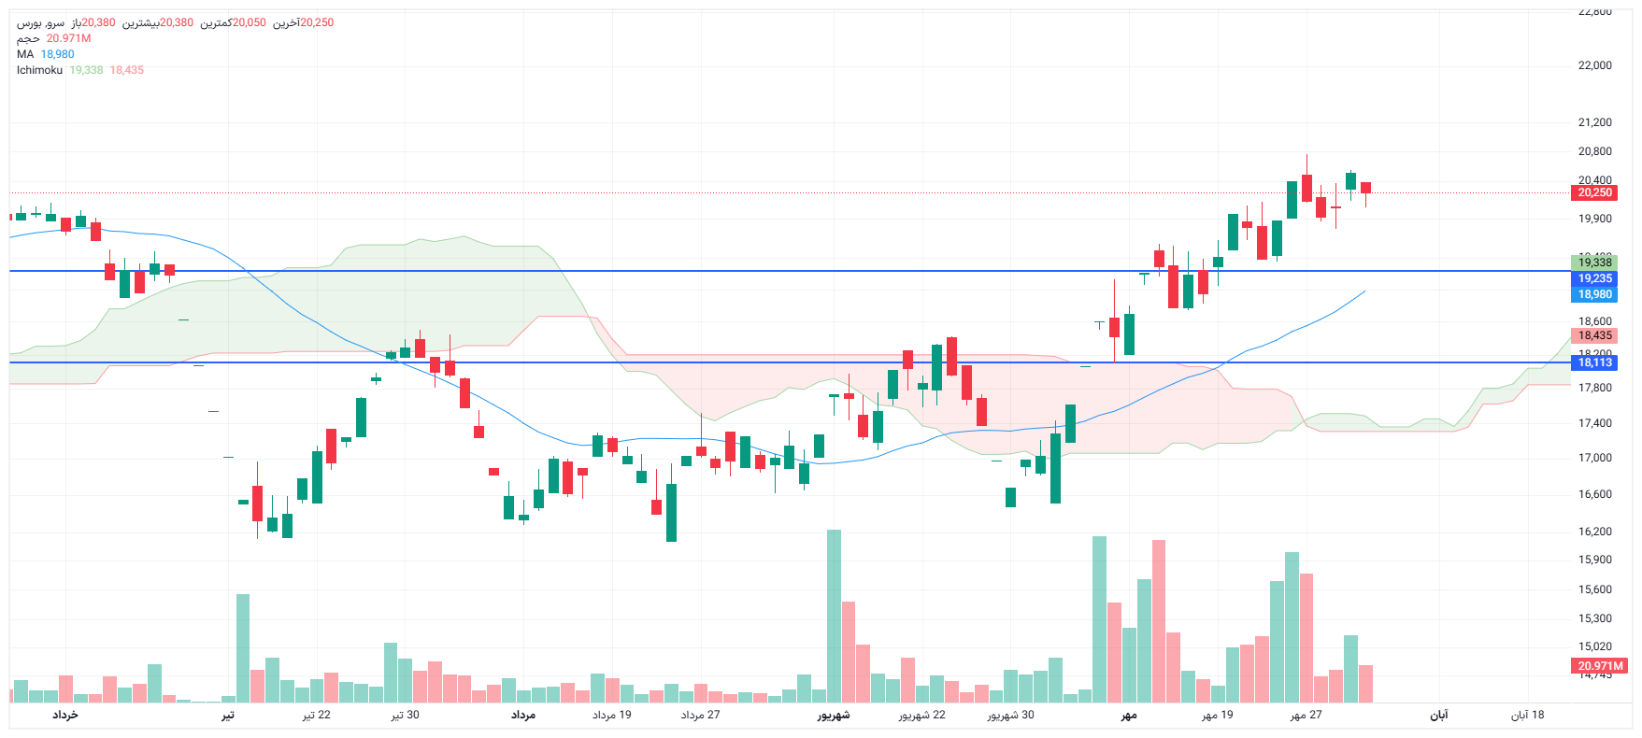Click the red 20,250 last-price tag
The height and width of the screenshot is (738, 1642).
tap(1594, 192)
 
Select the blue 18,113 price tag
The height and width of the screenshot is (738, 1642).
tap(1594, 362)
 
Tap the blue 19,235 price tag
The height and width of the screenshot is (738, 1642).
tap(1594, 278)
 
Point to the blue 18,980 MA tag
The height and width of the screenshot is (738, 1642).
tap(1594, 294)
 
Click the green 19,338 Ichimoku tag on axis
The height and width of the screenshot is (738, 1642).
tap(1594, 263)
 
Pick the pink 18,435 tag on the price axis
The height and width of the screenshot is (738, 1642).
tap(1594, 335)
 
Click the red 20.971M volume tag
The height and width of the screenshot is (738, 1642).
tap(1600, 666)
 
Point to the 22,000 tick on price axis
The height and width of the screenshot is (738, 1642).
tap(1594, 65)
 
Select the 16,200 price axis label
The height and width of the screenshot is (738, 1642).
tap(1594, 532)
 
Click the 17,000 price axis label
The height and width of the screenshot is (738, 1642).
tap(1594, 458)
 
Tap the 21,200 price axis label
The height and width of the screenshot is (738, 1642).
tap(1594, 122)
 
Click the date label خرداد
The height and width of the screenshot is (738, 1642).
tap(64, 715)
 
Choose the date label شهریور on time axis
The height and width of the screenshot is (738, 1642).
tap(834, 715)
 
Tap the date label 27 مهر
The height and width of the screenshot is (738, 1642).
tap(1306, 715)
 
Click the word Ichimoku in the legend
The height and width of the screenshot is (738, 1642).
tap(39, 70)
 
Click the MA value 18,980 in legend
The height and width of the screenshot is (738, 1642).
tap(57, 54)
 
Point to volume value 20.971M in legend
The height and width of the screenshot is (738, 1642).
tap(68, 38)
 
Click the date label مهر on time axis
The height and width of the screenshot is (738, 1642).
tap(1129, 715)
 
